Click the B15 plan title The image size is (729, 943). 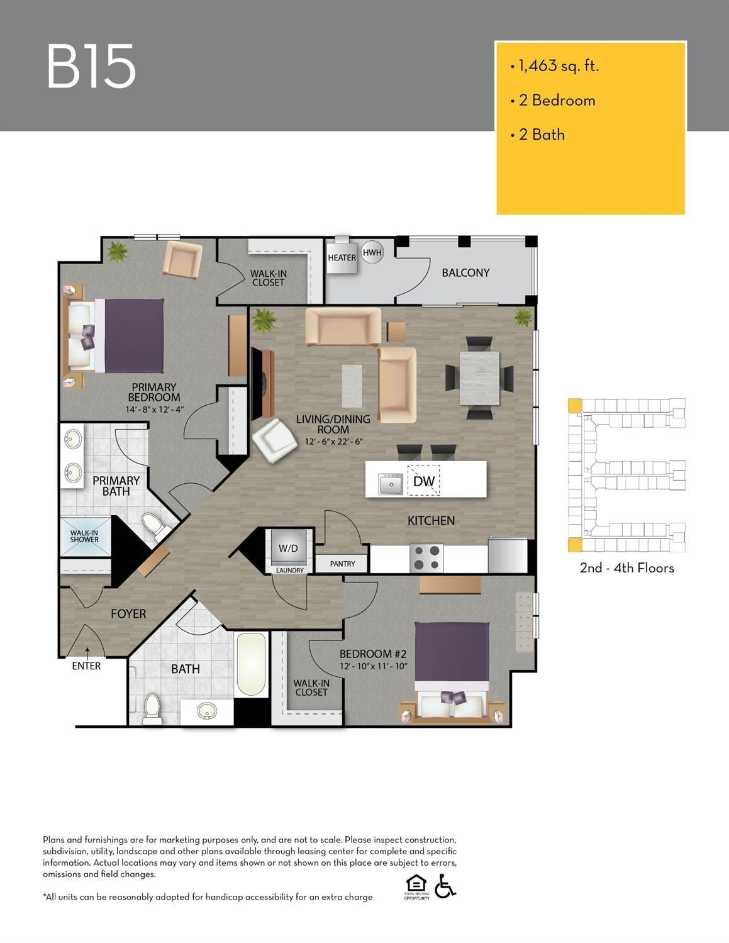point(91,66)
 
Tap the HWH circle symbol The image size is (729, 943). point(372,252)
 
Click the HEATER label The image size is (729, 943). point(342,258)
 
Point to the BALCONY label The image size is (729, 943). point(465,272)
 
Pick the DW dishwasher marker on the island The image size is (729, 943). point(423,481)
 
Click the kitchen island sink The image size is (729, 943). point(391,484)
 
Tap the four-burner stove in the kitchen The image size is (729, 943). point(426,558)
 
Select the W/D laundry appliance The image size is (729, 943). point(289,548)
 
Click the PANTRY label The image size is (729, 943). point(342,564)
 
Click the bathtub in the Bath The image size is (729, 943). point(251,664)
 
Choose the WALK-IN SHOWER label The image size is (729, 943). point(84,537)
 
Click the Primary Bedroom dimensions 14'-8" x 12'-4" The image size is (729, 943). point(155,410)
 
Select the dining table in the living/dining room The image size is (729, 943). point(479,378)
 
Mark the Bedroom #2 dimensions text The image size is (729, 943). point(373,666)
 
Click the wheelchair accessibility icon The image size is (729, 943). point(445,886)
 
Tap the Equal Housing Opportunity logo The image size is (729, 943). point(416,887)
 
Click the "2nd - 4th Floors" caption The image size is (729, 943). point(626,568)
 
